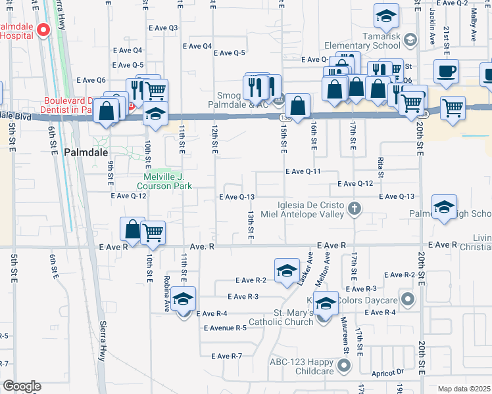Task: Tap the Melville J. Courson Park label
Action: (x=168, y=181)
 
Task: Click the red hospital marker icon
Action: (x=43, y=30)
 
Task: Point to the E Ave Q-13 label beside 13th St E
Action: (x=237, y=197)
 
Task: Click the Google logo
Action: (x=21, y=386)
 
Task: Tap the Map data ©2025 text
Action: (x=464, y=389)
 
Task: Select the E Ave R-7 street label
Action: (x=227, y=356)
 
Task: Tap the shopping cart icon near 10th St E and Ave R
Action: (x=153, y=232)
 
